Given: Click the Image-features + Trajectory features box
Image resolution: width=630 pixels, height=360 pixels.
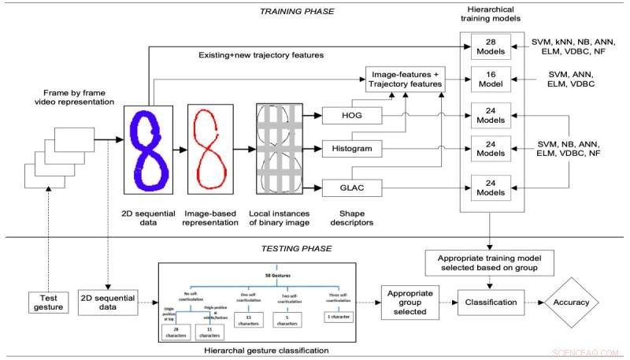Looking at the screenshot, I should (404, 80).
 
